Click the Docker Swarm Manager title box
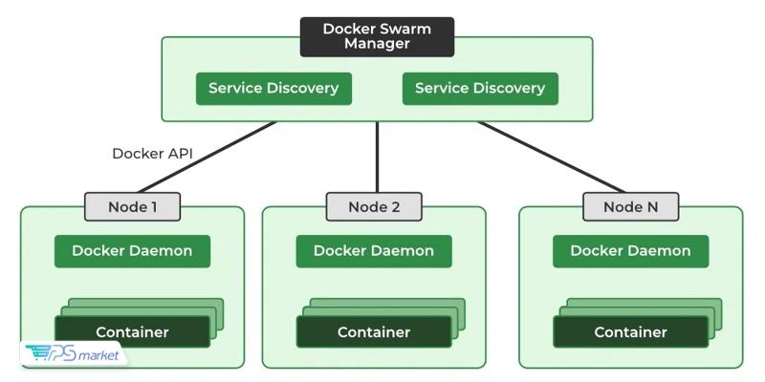[377, 36]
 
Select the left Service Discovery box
[273, 88]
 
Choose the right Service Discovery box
[480, 88]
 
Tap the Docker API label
[148, 153]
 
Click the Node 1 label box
[132, 206]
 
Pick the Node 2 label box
[374, 206]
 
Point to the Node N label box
[630, 206]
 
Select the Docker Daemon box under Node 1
[132, 251]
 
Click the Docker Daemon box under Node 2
[374, 251]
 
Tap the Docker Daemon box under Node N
[630, 251]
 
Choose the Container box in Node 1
[132, 332]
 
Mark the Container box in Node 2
[374, 332]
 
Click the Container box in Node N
[630, 332]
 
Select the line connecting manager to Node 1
[206, 157]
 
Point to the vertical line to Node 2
[377, 158]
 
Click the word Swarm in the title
[404, 29]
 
